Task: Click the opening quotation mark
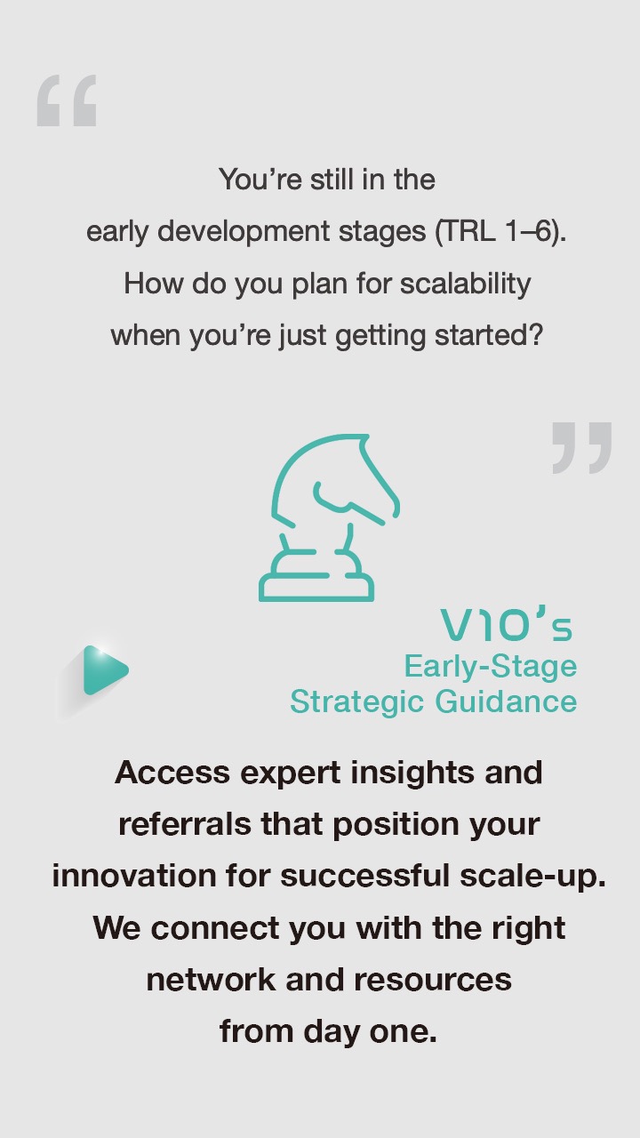tap(67, 100)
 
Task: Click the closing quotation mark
tap(582, 447)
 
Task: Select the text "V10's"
tap(507, 623)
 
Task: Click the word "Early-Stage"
tap(491, 666)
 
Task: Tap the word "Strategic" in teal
tap(357, 702)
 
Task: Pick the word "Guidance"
tap(506, 701)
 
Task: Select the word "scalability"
tap(465, 284)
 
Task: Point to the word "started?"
tap(489, 335)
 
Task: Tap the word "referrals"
tap(185, 824)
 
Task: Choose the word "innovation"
tap(134, 877)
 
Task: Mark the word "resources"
tap(433, 980)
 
